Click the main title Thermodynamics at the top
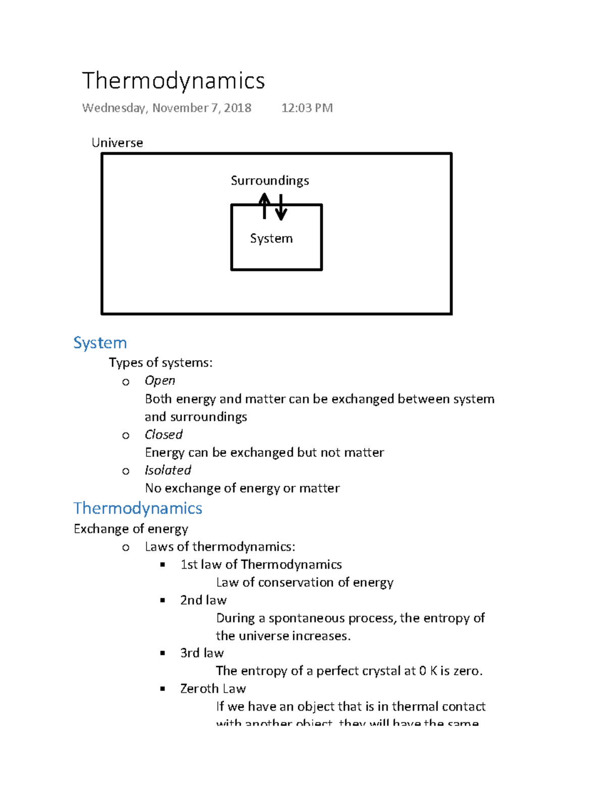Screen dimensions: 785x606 click(x=173, y=81)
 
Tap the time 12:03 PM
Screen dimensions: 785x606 click(x=307, y=108)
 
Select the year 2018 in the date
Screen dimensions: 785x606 click(x=237, y=108)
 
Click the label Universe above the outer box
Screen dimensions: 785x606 click(x=117, y=143)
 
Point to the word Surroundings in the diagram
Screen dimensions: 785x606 click(x=270, y=180)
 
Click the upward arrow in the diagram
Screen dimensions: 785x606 click(x=264, y=206)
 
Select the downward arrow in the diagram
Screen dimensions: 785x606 click(x=281, y=207)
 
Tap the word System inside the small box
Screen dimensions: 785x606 click(x=271, y=238)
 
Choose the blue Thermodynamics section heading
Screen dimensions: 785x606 click(x=138, y=508)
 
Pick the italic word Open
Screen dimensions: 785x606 click(x=160, y=381)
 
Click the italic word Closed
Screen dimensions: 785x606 click(x=163, y=434)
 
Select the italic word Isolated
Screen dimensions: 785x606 click(x=168, y=470)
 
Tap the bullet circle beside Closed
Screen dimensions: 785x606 click(x=126, y=435)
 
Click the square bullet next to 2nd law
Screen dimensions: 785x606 click(x=163, y=601)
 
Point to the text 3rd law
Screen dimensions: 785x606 click(x=202, y=653)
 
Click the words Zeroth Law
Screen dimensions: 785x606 click(x=213, y=688)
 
